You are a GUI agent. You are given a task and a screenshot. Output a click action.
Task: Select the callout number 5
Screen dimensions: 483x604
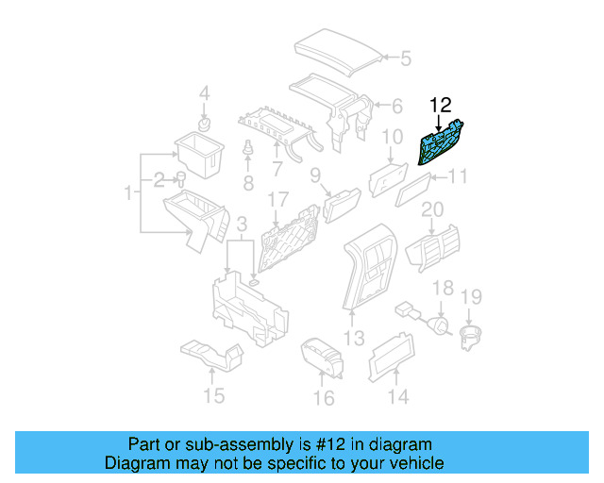point(405,59)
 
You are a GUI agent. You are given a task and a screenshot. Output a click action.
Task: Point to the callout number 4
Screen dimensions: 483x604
point(204,93)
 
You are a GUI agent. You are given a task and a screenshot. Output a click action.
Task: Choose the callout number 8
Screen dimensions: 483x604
point(248,180)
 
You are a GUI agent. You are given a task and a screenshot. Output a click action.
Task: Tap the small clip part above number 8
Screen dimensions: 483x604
point(248,151)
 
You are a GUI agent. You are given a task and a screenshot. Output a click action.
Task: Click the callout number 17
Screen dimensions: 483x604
point(277,201)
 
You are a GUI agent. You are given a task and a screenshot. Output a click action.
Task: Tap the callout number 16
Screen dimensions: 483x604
point(323,398)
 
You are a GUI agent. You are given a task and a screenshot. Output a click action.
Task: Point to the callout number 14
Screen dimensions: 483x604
point(398,397)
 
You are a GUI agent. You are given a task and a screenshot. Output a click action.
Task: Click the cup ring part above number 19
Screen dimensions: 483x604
point(469,337)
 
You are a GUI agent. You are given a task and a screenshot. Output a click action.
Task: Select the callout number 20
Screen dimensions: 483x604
point(431,209)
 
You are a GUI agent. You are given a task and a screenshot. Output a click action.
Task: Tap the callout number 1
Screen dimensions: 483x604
point(128,193)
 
